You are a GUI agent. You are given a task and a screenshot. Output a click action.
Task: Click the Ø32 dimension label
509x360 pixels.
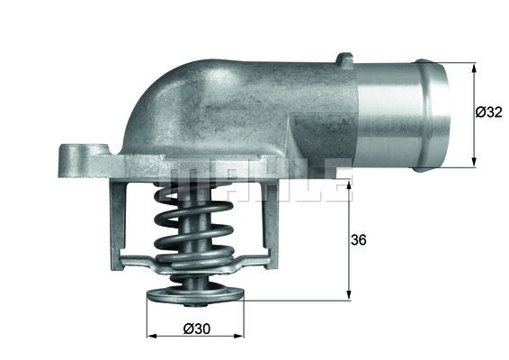coord(487,112)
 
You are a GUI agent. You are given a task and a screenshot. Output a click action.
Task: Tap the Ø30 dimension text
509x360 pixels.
coord(195,329)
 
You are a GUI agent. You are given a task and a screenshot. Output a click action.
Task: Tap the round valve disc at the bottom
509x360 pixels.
coord(194,294)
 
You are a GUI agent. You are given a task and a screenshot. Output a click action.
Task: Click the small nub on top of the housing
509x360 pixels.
coord(344,60)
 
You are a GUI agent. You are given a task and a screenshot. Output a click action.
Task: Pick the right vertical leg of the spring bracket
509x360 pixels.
coord(270,220)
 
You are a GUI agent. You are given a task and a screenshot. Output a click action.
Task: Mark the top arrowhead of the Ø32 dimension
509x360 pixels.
coord(473,67)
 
